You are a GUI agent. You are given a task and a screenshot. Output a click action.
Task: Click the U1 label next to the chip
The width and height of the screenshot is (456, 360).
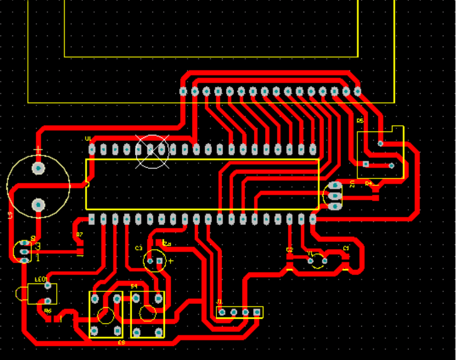coord(88,139)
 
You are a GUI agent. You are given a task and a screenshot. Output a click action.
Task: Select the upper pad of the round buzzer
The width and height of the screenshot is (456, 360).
coord(38,168)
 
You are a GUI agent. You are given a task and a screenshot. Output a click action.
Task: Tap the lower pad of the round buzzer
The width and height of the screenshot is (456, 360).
coord(38,204)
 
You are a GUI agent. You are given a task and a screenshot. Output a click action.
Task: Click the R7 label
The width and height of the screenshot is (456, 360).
coord(79,234)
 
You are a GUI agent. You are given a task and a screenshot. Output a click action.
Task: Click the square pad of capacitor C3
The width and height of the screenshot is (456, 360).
coord(160,261)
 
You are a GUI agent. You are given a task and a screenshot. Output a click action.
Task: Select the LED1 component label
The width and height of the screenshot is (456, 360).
coord(40,280)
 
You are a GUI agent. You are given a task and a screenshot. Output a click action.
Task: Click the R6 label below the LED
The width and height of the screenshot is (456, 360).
coord(48,311)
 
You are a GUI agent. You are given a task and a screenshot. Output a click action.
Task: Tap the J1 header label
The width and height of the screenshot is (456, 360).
coord(220,302)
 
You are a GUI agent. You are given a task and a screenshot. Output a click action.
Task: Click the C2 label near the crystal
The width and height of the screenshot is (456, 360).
coord(289,250)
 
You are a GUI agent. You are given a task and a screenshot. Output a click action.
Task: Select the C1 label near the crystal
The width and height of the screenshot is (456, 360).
coord(346,248)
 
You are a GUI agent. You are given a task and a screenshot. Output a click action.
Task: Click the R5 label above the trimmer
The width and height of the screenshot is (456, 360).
coord(360,121)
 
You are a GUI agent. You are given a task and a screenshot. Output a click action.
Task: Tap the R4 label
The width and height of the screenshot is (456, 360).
coord(368,183)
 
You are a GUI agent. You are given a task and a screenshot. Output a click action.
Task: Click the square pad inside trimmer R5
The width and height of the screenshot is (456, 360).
coord(366,164)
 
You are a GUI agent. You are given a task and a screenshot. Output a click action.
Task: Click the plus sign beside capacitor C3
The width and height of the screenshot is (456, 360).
coord(170,261)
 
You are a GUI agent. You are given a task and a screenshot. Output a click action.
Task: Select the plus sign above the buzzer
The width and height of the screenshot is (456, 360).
coord(38,150)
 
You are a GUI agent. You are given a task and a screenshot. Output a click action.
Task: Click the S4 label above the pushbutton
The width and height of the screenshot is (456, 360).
coord(134,286)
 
